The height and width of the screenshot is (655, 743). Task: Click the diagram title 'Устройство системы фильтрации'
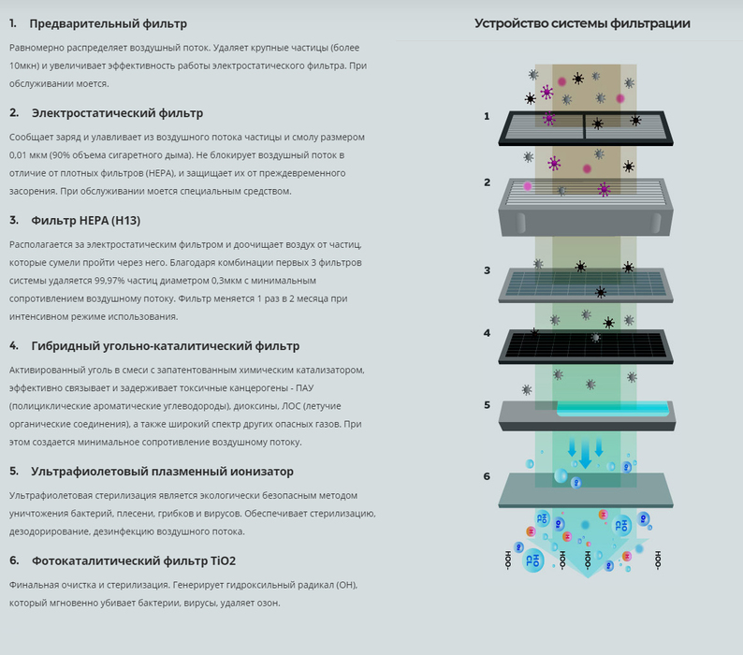point(582,23)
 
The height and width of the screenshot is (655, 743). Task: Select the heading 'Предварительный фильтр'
point(108,23)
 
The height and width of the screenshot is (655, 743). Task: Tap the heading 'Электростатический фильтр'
point(118,113)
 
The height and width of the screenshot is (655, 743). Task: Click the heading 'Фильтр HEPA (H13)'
point(86,221)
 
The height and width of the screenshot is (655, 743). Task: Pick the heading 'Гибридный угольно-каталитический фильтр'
point(166,346)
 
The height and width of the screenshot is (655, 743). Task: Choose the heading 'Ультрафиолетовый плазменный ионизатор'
point(163,472)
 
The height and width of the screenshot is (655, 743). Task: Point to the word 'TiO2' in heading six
point(223,561)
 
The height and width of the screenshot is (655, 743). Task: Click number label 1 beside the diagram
point(487,116)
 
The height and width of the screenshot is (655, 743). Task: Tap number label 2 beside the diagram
point(488,182)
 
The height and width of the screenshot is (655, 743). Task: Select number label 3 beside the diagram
point(488,270)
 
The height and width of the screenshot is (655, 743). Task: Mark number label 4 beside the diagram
point(488,333)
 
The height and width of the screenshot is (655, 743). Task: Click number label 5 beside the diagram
point(488,405)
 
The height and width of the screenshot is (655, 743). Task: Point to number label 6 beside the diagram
point(487,476)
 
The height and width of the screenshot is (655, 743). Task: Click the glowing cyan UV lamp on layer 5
point(613,409)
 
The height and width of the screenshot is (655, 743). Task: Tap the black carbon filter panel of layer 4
point(586,346)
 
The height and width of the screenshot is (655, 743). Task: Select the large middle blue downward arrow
point(586,454)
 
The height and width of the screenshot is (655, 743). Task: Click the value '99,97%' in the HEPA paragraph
point(108,281)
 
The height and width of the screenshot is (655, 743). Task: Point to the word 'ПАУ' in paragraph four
point(304,388)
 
